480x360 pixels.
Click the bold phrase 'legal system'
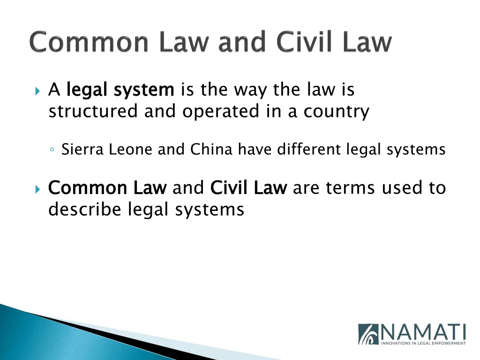[120, 90]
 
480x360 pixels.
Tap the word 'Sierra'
[83, 150]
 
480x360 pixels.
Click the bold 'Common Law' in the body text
[107, 188]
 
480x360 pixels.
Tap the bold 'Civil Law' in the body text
[248, 188]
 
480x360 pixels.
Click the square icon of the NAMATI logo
[368, 334]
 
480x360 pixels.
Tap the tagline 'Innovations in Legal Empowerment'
[423, 343]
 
